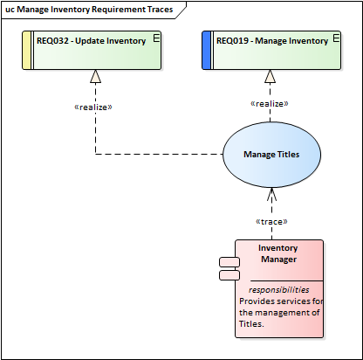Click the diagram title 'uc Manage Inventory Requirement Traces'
pos(89,10)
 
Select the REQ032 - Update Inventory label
pos(91,41)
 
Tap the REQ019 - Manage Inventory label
pos(272,41)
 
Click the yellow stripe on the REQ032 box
pos(26,51)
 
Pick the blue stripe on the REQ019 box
pos(206,51)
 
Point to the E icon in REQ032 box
pos(156,38)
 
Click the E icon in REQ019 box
pos(336,38)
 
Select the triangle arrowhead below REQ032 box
pos(95,76)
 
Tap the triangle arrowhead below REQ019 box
pos(270,76)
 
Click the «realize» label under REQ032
pos(93,107)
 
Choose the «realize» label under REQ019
pos(270,104)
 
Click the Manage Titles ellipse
pos(272,155)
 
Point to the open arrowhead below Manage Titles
pos(271,194)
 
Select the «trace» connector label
pos(271,222)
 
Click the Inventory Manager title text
pos(278,253)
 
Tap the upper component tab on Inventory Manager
pos(229,262)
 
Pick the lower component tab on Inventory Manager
pos(229,275)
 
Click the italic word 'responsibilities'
pos(278,290)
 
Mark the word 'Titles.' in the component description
pos(251,324)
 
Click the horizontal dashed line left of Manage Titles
pos(159,154)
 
